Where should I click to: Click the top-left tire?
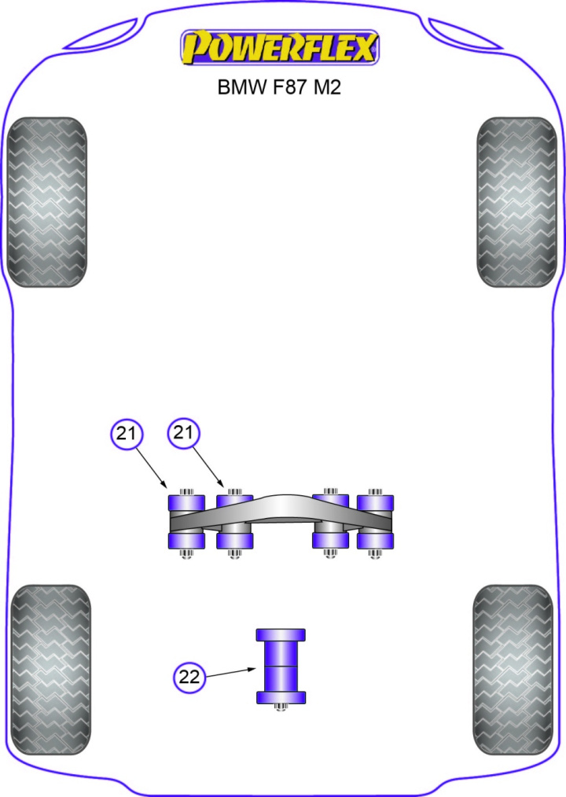pos(46,202)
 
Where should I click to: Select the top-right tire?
pos(517,202)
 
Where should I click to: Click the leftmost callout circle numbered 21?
pos(127,433)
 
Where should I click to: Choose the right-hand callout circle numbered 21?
pos(183,433)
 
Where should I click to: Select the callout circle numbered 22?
pos(189,677)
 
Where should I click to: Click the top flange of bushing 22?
pos(280,634)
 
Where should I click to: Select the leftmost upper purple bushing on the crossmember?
pos(187,501)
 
